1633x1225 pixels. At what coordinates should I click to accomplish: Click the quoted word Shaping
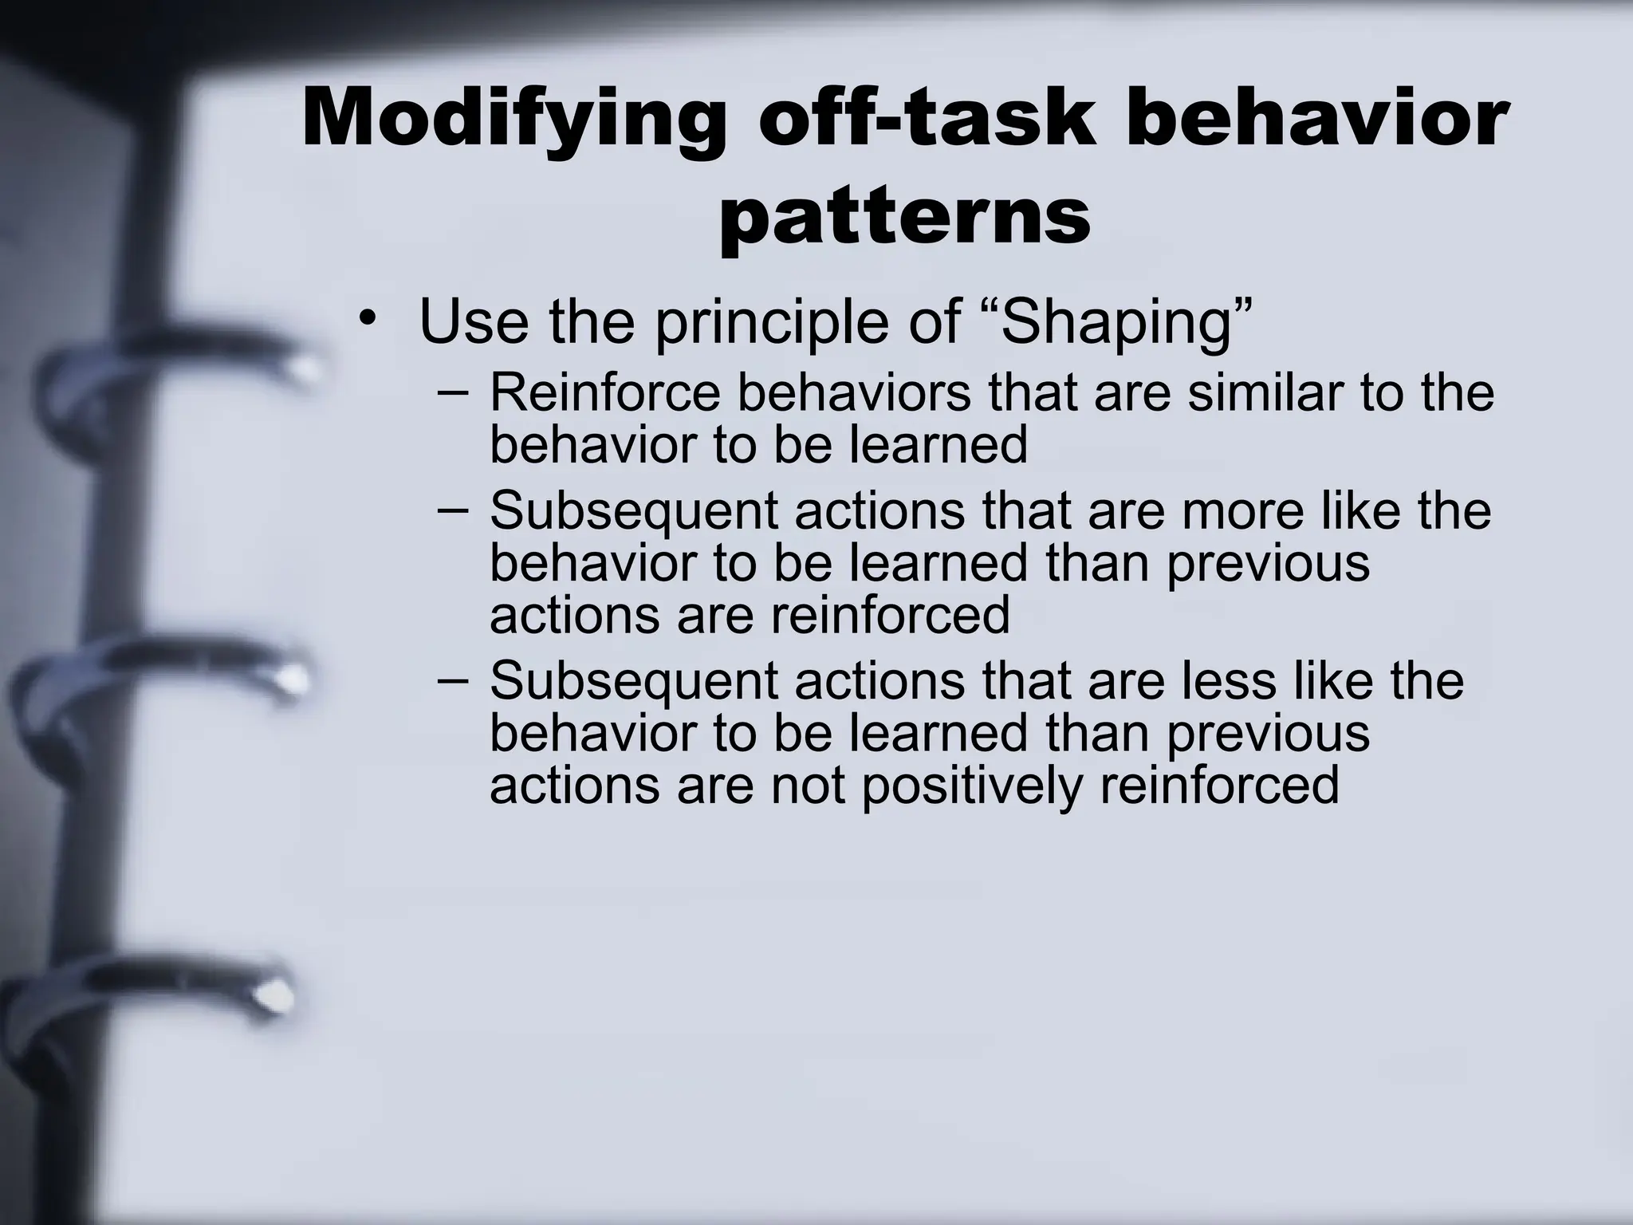pyautogui.click(x=1119, y=321)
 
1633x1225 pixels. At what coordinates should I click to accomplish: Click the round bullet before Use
pyautogui.click(x=366, y=318)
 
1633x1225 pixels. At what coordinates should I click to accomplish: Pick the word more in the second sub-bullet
pyautogui.click(x=1243, y=510)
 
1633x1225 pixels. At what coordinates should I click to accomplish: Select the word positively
pyautogui.click(x=972, y=785)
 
